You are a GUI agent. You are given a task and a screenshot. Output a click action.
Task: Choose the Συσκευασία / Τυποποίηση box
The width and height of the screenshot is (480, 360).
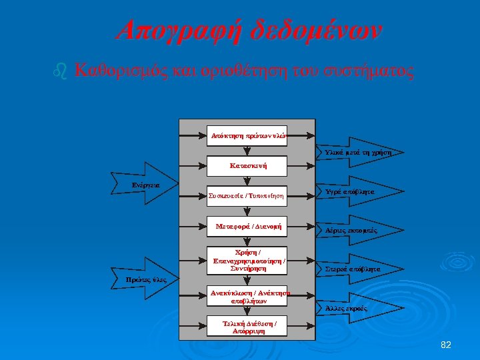tap(247, 195)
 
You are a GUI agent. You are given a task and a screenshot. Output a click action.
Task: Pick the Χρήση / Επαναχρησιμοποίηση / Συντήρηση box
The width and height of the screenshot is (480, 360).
tap(247, 260)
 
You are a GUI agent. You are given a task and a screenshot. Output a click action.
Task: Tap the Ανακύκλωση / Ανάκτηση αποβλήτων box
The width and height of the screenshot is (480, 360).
tap(247, 296)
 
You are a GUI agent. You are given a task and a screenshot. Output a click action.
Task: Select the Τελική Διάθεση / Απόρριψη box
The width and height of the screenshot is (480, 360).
tap(247, 326)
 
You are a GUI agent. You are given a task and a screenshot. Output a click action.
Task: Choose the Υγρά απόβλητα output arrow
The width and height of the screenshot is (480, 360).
tap(349, 192)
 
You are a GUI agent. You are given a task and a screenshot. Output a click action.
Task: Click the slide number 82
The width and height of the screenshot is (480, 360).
tap(446, 345)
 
